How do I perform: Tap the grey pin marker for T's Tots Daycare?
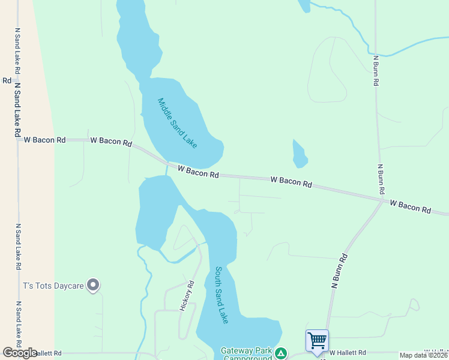tap(93, 285)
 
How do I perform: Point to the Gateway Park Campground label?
tap(246, 354)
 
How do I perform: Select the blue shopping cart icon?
tap(317, 341)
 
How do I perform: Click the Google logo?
tap(20, 353)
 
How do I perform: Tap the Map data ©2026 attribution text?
tap(424, 355)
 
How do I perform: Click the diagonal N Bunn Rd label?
tap(340, 271)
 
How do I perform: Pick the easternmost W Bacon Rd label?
tap(410, 207)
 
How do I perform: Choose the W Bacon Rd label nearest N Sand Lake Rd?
tap(45, 140)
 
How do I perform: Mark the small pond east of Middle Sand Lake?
tap(300, 155)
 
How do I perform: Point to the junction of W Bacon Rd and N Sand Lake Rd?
tap(18, 140)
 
